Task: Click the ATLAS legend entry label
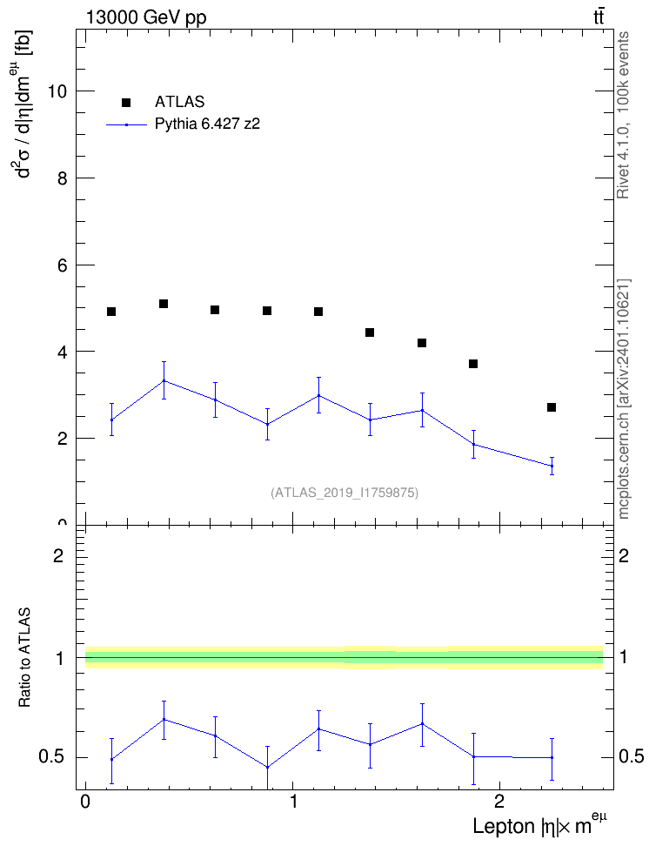pos(179,102)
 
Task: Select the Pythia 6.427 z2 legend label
pos(208,124)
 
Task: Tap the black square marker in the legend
pos(126,103)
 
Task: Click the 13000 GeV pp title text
pos(146,17)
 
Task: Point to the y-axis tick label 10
pos(57,91)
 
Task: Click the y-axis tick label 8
pos(63,178)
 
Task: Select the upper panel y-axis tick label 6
pos(63,265)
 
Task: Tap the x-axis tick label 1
pos(293,802)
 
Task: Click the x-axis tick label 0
pos(85,802)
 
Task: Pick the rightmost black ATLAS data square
pos(552,407)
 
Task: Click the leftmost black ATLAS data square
pos(111,312)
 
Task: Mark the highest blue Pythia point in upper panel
pos(164,381)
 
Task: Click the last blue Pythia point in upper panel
pos(552,466)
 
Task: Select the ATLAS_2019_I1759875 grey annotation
pos(345,492)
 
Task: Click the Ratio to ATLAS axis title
pos(24,658)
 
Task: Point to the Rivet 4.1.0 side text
pos(623,115)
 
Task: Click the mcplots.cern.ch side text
pos(624,399)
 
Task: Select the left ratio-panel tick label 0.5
pos(52,757)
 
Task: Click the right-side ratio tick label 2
pos(624,555)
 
